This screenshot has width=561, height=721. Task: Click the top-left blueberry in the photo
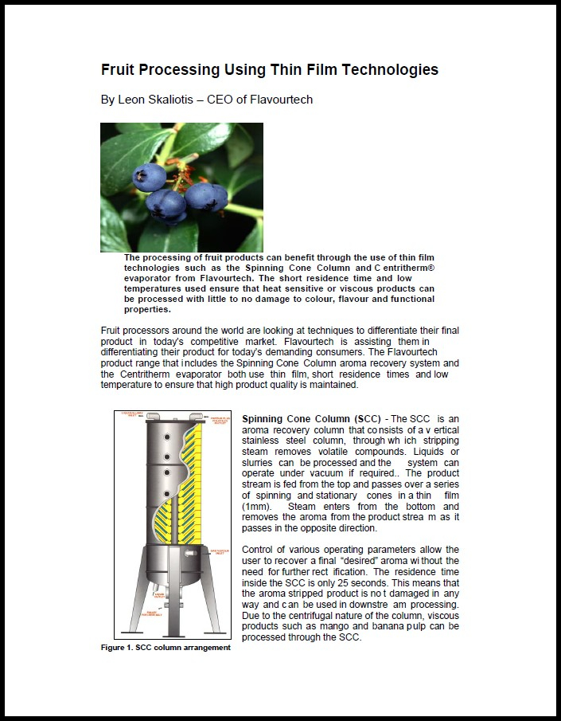coord(149,176)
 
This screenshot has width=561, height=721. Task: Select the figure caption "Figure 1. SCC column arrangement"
coord(166,647)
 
